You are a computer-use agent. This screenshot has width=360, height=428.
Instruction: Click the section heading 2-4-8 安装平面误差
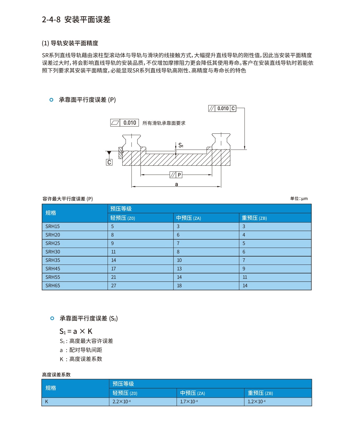[76, 19]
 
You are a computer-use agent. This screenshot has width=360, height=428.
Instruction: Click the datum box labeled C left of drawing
[109, 162]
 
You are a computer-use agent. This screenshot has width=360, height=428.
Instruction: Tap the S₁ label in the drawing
[181, 145]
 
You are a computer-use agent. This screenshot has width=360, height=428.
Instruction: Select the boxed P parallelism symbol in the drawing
[176, 175]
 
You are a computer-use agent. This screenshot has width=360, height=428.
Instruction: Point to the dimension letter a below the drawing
[176, 184]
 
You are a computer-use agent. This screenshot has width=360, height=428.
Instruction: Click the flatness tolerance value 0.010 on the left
[130, 123]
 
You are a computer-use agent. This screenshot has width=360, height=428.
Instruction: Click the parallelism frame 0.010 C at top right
[222, 108]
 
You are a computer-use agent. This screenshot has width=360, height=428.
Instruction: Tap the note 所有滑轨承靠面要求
[164, 123]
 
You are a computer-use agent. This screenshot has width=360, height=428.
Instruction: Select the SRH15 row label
[53, 226]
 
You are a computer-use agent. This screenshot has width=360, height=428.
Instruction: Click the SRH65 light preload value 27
[114, 286]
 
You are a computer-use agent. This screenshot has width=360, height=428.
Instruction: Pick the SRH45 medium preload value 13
[179, 269]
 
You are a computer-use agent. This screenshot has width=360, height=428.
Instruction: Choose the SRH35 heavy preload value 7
[244, 260]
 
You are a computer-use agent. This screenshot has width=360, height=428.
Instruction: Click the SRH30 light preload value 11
[113, 252]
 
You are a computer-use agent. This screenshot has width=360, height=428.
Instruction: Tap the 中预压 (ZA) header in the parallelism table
[189, 218]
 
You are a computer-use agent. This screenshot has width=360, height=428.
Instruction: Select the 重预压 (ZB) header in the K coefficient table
[260, 393]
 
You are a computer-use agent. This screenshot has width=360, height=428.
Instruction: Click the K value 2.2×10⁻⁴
[122, 402]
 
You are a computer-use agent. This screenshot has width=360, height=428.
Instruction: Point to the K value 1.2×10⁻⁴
[257, 402]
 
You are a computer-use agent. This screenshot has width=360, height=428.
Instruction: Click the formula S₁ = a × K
[76, 332]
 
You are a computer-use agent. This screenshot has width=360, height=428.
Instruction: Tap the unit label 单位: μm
[299, 198]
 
